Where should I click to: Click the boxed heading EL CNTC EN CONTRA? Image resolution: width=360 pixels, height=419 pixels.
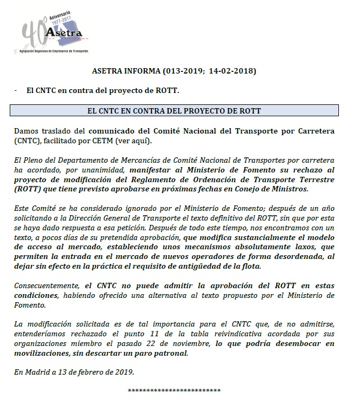click(174, 111)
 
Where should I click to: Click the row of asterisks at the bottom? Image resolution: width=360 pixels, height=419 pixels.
click(174, 390)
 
